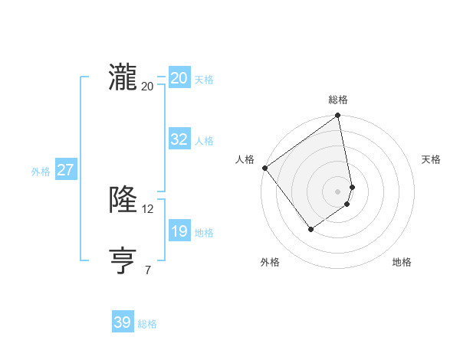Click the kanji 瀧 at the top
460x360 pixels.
point(123,78)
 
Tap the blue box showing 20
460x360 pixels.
point(179,78)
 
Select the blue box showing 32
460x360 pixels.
point(179,139)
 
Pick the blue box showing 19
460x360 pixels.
point(179,231)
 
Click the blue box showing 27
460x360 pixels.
point(65,170)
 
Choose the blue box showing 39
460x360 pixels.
point(123,322)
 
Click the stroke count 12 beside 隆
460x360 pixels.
point(148,209)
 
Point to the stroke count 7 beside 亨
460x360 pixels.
point(148,270)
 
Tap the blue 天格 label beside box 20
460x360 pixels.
point(204,80)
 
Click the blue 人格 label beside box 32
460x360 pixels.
point(204,141)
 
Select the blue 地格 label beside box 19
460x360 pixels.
point(204,233)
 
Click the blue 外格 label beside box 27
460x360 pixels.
point(41,172)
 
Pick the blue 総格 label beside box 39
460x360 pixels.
point(147,324)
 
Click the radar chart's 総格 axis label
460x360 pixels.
point(338,100)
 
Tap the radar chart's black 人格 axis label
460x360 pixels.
point(245,159)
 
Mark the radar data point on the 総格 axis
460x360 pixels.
point(338,117)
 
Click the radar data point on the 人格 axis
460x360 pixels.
point(264,168)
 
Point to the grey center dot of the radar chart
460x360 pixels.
point(338,191)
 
